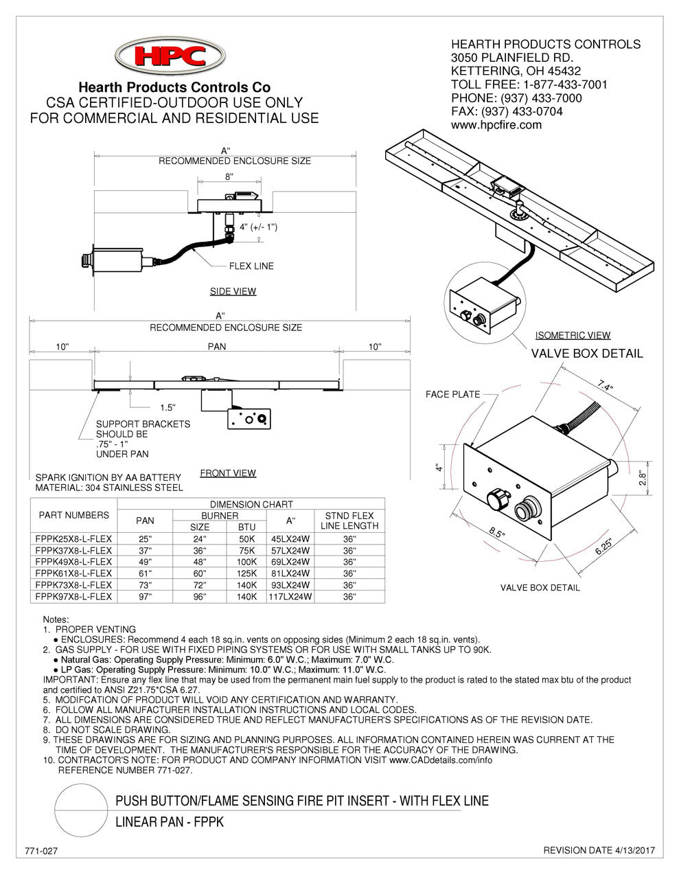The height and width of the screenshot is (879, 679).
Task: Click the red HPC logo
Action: pyautogui.click(x=170, y=56)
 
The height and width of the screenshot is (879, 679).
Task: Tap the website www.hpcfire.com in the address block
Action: pyautogui.click(x=496, y=124)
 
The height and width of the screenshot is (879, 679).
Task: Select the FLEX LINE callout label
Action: pyautogui.click(x=251, y=266)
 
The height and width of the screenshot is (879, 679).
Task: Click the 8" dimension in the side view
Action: pyautogui.click(x=229, y=176)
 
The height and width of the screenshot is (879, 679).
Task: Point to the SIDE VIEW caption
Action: pyautogui.click(x=233, y=291)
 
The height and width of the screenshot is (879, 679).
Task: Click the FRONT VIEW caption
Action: pyautogui.click(x=228, y=473)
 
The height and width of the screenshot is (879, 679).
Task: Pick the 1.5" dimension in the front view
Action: pyautogui.click(x=168, y=407)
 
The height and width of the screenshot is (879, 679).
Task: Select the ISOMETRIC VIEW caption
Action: pyautogui.click(x=573, y=335)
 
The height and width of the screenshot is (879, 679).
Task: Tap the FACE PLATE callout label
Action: pyautogui.click(x=452, y=394)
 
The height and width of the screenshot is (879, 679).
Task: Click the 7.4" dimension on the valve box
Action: pyautogui.click(x=605, y=385)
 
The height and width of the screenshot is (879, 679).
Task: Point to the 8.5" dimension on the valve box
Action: pyautogui.click(x=496, y=532)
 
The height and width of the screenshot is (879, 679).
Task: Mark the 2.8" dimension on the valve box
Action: pyautogui.click(x=643, y=479)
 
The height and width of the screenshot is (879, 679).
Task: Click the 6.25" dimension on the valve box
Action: pyautogui.click(x=603, y=547)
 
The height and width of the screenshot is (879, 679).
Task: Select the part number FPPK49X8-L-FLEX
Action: pyautogui.click(x=73, y=562)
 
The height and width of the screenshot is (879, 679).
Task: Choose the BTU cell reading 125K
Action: pyautogui.click(x=246, y=573)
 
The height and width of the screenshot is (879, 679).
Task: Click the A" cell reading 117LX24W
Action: pyautogui.click(x=290, y=596)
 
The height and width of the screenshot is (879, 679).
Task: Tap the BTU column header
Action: pyautogui.click(x=246, y=527)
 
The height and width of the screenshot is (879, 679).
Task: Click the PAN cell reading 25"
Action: pyautogui.click(x=145, y=539)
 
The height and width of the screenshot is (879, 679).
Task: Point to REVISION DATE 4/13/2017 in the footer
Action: pyautogui.click(x=599, y=850)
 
